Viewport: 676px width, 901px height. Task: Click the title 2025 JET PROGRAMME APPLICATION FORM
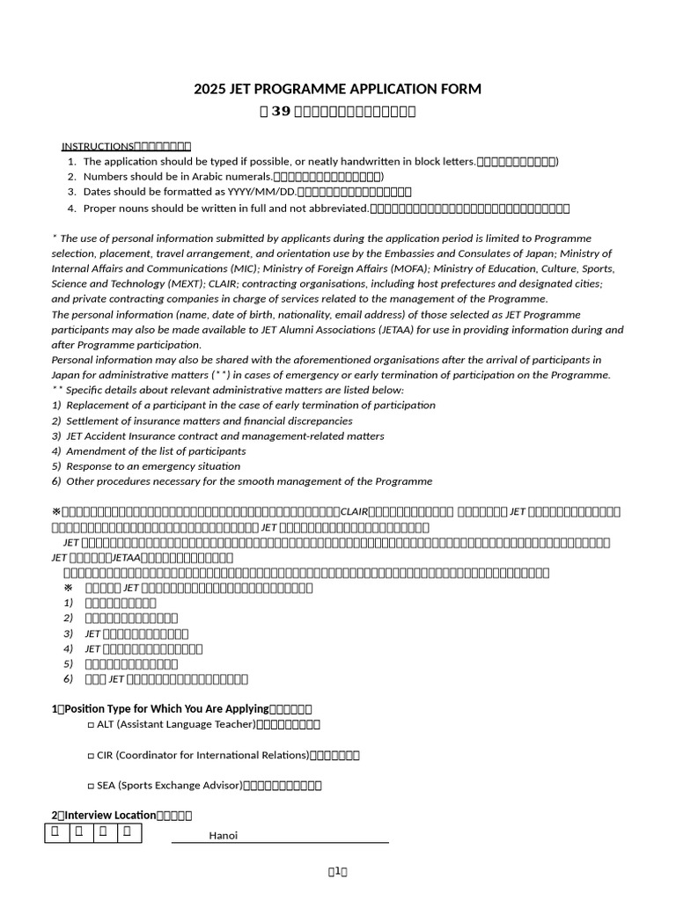pos(337,89)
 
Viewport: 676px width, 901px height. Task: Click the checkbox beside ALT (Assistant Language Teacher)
pos(91,724)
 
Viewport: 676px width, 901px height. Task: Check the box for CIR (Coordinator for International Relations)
pos(91,755)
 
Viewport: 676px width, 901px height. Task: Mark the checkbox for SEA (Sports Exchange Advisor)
pos(91,786)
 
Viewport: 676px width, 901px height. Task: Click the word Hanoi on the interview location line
pos(224,836)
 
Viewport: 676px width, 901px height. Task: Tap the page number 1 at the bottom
pos(337,872)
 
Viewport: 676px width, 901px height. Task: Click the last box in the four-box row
pos(129,831)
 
